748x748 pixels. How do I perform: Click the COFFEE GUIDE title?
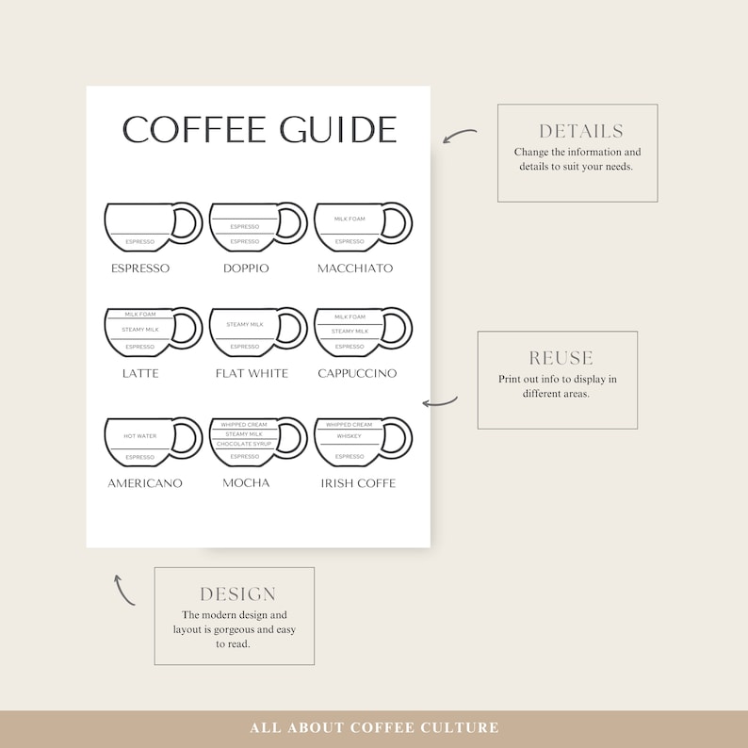coord(259,130)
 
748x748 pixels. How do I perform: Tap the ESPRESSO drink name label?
coord(140,268)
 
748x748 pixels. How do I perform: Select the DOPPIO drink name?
coord(246,268)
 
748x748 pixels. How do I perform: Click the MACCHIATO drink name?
coord(355,268)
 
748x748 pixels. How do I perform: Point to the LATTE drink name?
coord(140,373)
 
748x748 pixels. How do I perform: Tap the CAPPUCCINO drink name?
coord(356,373)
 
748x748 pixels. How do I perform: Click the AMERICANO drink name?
coord(144,483)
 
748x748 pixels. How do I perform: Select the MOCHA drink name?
coord(246,483)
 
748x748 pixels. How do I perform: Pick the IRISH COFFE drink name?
coord(357,483)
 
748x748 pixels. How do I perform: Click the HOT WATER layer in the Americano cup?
coord(139,436)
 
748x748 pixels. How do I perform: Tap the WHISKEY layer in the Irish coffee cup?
coord(349,436)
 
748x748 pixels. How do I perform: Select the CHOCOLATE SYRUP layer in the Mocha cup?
coord(244,444)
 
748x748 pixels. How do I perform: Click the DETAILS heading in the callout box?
coord(580,131)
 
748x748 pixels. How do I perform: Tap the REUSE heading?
coord(561,358)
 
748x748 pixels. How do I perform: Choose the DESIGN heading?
coord(237,594)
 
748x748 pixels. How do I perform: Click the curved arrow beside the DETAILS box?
coord(459,137)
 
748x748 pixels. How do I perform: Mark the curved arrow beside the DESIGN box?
coord(123,589)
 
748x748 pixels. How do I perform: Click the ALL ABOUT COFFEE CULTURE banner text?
coord(374,728)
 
